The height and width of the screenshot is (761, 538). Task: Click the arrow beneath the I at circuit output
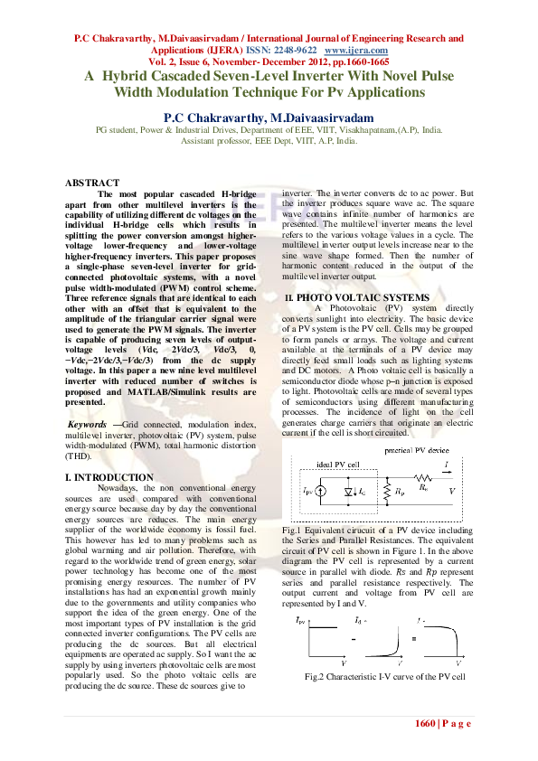(446, 473)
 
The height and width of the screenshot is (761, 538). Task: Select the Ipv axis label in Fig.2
(301, 621)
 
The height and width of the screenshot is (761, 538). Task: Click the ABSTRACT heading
(92, 183)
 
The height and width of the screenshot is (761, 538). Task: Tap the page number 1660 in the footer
(426, 724)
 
